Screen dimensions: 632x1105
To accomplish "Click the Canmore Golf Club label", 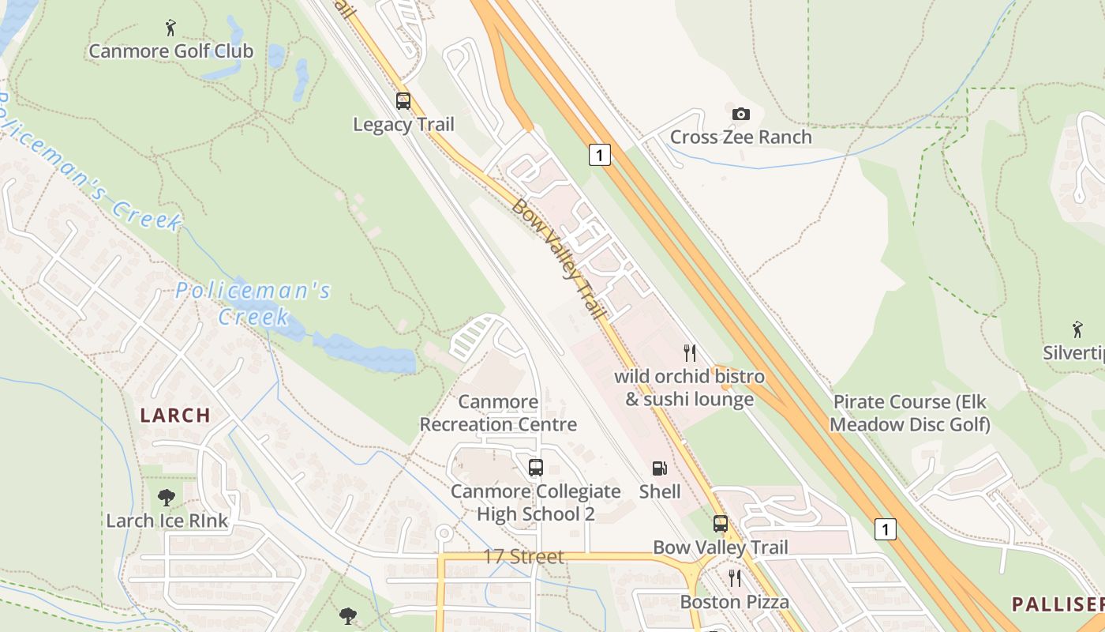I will coord(170,51).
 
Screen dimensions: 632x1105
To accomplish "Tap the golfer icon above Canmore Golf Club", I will coord(170,28).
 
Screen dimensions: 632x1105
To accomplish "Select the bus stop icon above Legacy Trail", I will coord(403,101).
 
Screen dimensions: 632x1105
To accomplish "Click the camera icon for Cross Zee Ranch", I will coord(740,114).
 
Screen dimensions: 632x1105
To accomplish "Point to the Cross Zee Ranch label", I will coord(740,137).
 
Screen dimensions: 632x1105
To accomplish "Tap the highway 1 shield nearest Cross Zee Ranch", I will coord(600,155).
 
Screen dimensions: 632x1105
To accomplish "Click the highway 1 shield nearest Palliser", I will coord(886,529).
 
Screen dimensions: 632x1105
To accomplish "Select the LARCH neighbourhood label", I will coord(175,415).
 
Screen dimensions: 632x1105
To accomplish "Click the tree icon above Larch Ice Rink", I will coord(167,498).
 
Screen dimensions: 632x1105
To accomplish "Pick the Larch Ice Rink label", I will coord(167,521).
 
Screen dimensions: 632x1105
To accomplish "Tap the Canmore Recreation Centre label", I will coord(498,413).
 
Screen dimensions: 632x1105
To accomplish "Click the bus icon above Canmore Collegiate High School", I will coord(536,468).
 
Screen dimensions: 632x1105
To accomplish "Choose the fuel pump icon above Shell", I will coord(659,468).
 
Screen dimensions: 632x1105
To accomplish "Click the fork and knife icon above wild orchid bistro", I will coord(690,352).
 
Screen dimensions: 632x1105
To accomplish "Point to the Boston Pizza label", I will coord(734,602).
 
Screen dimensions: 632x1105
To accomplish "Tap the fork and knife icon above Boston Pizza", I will coord(734,579).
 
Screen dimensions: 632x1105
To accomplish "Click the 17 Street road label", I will coord(523,557).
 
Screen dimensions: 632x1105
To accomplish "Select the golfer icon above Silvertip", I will coord(1077,329).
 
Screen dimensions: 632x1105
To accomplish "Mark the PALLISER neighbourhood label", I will coord(1058,605).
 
